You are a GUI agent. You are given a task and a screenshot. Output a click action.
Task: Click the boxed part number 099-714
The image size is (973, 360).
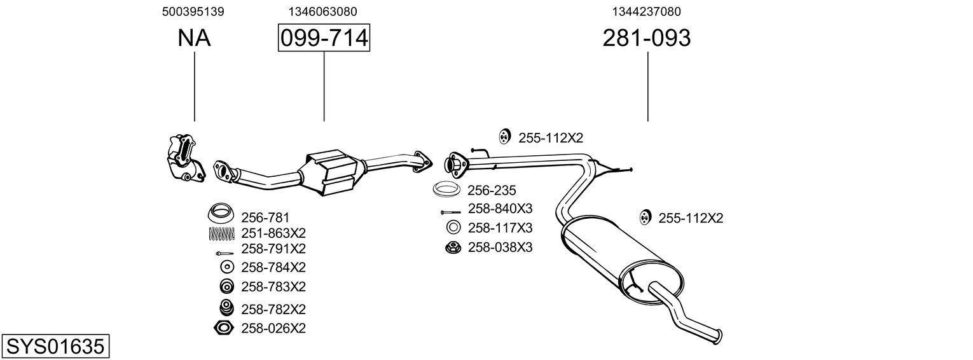324,38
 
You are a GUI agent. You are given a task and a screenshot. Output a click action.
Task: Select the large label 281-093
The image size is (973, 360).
646,38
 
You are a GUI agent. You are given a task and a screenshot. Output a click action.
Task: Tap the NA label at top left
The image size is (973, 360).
194,38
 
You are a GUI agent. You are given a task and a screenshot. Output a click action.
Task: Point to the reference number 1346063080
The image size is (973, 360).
322,11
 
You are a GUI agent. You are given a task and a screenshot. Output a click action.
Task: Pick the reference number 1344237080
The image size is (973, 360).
647,11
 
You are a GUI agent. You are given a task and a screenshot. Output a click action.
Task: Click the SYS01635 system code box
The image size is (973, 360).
55,347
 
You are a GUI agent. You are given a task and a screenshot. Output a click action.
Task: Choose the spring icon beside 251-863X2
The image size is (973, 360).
221,233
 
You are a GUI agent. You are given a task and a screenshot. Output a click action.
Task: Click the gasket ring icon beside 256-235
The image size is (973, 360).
447,190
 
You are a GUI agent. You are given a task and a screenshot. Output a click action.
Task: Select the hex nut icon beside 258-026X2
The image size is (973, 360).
223,328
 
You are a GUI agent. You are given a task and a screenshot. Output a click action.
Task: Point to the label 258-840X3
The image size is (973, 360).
500,209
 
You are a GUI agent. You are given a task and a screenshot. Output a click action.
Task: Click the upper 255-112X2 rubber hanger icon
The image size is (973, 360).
504,137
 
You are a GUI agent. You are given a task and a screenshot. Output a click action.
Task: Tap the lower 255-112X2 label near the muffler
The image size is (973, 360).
691,218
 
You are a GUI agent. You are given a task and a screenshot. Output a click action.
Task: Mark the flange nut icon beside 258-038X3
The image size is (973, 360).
452,247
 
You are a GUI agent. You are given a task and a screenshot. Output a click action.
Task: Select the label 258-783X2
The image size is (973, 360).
273,286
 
